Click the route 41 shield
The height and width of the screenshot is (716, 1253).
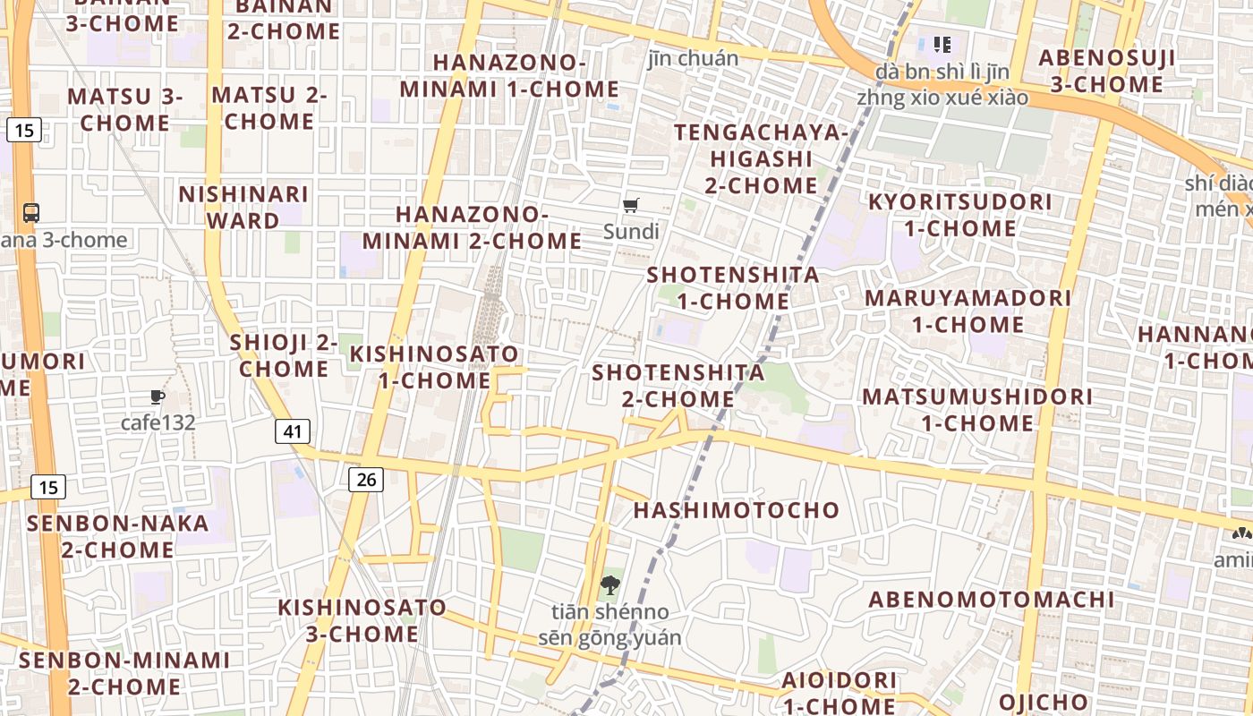click(x=292, y=431)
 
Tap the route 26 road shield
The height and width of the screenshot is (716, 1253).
click(x=366, y=480)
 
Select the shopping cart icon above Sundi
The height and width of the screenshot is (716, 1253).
click(x=631, y=205)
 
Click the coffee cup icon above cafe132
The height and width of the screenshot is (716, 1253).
click(x=158, y=396)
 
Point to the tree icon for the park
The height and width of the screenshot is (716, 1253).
click(x=610, y=585)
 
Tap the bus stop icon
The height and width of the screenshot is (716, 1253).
click(x=31, y=213)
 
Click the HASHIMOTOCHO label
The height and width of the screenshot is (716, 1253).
click(x=737, y=510)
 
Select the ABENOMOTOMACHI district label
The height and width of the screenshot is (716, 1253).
click(x=992, y=599)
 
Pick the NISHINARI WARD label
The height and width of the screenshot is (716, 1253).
click(x=243, y=207)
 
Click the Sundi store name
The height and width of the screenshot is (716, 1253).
click(x=631, y=232)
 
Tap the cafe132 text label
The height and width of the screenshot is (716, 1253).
click(x=158, y=422)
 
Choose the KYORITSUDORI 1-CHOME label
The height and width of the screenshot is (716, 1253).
click(x=960, y=215)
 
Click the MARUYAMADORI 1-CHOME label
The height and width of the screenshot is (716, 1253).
click(x=967, y=311)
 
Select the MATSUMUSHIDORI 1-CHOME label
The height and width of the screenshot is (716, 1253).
click(x=977, y=409)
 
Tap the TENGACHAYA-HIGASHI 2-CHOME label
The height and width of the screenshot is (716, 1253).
click(x=761, y=159)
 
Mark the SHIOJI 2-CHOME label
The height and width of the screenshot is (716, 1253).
click(x=284, y=355)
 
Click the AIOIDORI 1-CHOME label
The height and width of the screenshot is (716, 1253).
click(x=839, y=693)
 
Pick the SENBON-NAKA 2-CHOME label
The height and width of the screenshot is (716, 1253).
click(x=118, y=536)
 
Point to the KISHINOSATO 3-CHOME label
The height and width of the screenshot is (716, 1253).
click(x=362, y=620)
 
